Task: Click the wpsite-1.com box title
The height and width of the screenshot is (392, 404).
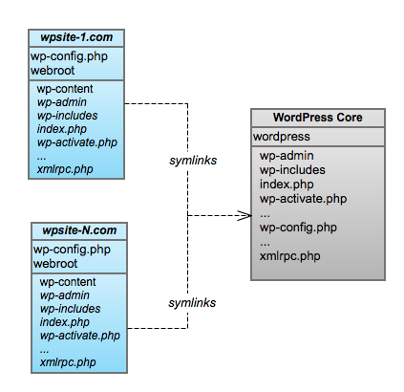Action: point(77,37)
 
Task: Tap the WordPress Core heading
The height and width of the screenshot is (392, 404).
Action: point(318,119)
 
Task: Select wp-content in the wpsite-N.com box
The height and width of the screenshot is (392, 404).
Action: point(68,282)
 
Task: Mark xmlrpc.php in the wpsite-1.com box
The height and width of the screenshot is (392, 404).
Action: point(63,169)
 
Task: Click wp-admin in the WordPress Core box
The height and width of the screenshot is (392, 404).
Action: point(287,155)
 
